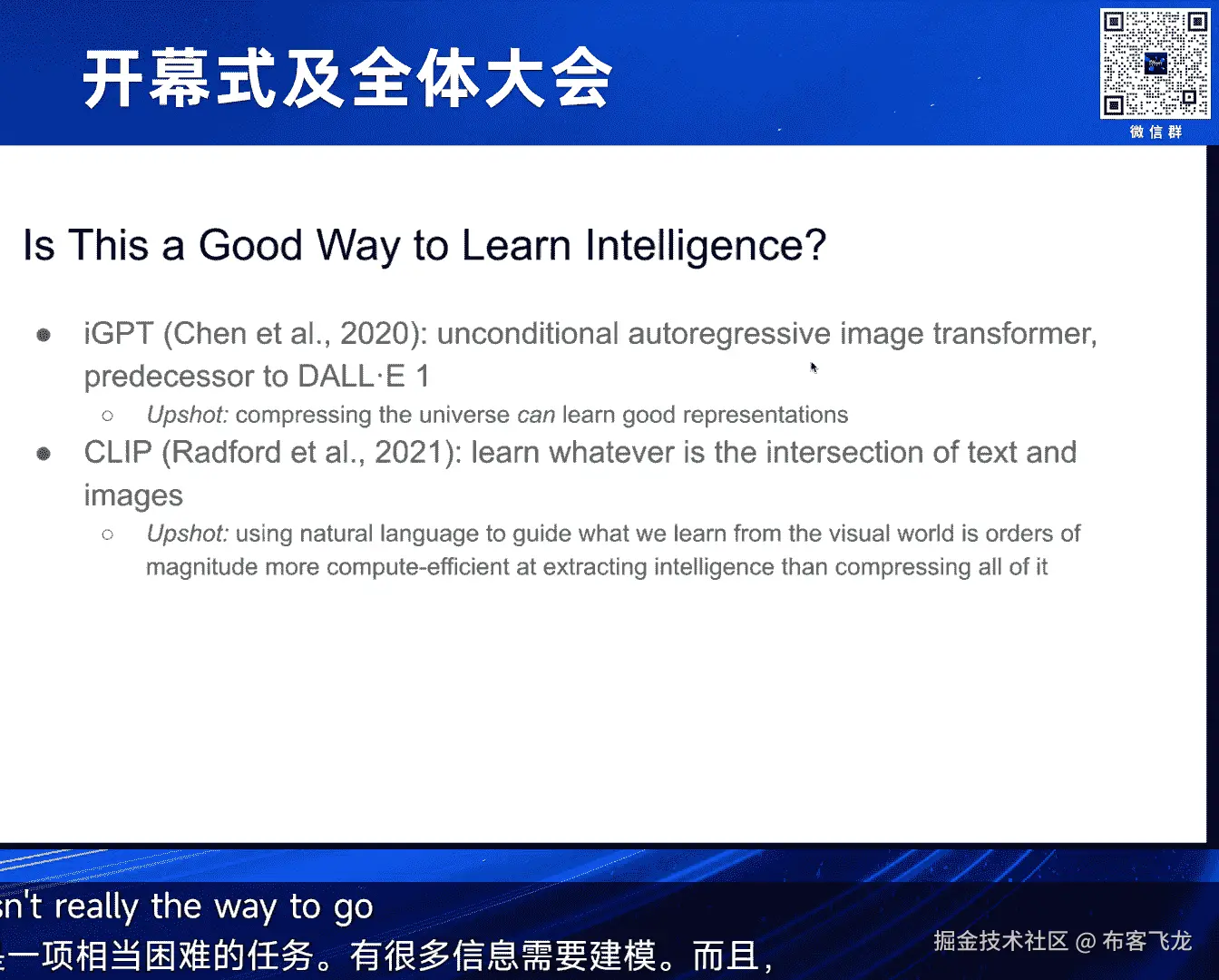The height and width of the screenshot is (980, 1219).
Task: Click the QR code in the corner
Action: (1155, 64)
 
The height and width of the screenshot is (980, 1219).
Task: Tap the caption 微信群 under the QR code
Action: (1156, 132)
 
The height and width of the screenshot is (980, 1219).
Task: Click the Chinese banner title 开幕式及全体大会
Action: (347, 78)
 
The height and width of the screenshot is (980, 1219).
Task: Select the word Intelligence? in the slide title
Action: (706, 246)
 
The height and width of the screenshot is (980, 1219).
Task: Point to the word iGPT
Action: (119, 333)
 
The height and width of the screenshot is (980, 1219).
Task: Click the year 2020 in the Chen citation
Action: (375, 333)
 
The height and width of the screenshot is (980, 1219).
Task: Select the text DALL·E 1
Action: (363, 376)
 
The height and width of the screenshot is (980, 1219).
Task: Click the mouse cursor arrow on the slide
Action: (814, 367)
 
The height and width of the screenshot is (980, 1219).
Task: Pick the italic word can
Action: (536, 416)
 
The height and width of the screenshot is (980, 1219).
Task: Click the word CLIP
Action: (118, 452)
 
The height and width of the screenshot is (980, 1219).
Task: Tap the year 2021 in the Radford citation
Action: (409, 452)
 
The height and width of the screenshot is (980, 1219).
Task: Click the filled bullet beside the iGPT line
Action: (44, 335)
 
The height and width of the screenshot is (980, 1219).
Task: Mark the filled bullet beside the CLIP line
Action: (44, 454)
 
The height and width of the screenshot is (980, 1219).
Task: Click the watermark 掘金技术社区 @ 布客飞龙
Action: (1063, 942)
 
